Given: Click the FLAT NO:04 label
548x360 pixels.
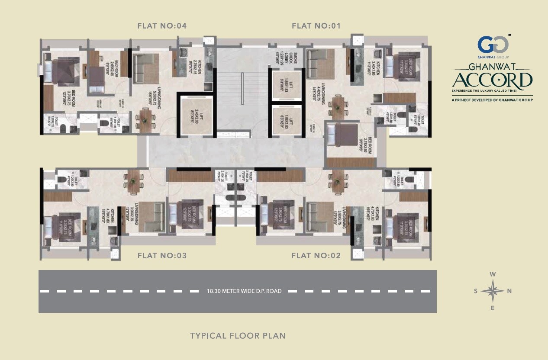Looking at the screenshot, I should [x=162, y=26].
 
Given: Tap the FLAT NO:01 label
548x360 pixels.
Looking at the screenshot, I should [x=316, y=26].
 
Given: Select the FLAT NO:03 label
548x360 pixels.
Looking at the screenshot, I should [x=162, y=256].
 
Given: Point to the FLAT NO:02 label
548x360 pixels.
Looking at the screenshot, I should [x=316, y=256].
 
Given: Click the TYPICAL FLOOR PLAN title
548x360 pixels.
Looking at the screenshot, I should [x=238, y=336].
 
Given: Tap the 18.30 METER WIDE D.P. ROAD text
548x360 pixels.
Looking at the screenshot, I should [x=244, y=291].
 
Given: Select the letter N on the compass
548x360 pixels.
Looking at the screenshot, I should [x=509, y=291].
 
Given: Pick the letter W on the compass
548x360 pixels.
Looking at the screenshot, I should [x=493, y=274].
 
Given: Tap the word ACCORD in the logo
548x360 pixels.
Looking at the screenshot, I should [x=493, y=80].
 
